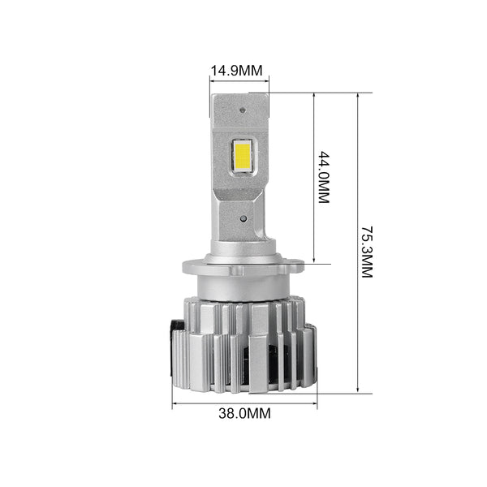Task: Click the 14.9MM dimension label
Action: [x=236, y=71]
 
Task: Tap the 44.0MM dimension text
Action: [x=324, y=177]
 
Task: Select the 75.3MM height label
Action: [x=367, y=252]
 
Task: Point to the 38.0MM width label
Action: [x=244, y=413]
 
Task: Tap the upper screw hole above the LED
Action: [x=243, y=110]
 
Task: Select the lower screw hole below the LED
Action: [x=243, y=218]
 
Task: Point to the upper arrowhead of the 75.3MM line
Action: [x=358, y=96]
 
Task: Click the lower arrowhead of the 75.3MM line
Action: [x=358, y=390]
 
